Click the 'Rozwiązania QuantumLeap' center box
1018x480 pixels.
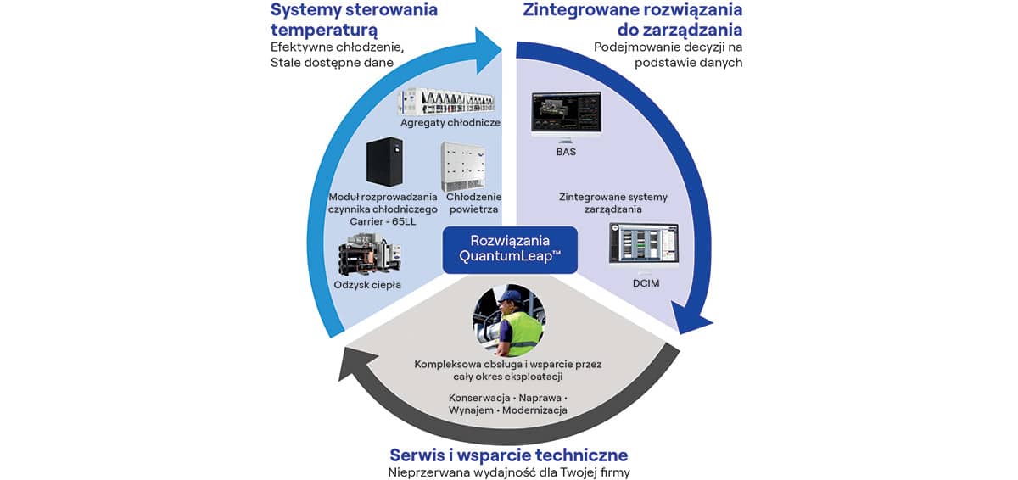pyautogui.click(x=510, y=249)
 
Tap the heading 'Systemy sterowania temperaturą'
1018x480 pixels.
pyautogui.click(x=354, y=20)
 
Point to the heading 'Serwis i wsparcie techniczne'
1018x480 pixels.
pyautogui.click(x=509, y=455)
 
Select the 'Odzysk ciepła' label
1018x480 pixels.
pyautogui.click(x=367, y=285)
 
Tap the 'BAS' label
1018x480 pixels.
pyautogui.click(x=565, y=153)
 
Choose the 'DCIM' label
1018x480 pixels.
pyautogui.click(x=646, y=282)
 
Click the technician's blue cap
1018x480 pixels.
pyautogui.click(x=509, y=296)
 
